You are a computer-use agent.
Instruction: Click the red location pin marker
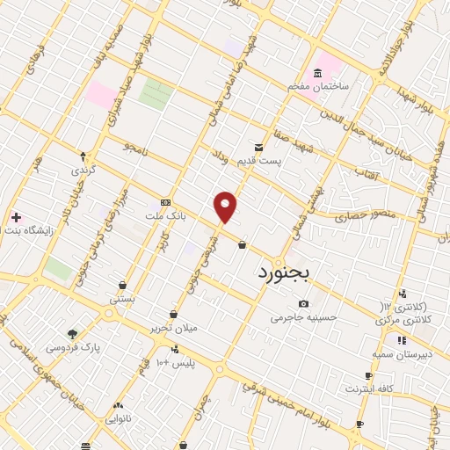click(x=226, y=207)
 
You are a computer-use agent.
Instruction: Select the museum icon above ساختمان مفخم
click(x=317, y=72)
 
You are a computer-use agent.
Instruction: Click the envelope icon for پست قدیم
click(x=258, y=147)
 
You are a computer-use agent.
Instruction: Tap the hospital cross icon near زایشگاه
click(x=16, y=216)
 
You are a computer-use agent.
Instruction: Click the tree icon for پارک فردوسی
click(x=72, y=334)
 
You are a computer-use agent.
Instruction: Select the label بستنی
click(x=122, y=300)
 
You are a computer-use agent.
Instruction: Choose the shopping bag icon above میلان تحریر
click(x=173, y=314)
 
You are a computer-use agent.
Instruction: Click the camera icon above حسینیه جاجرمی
click(x=303, y=303)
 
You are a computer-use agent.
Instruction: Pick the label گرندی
click(x=83, y=170)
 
